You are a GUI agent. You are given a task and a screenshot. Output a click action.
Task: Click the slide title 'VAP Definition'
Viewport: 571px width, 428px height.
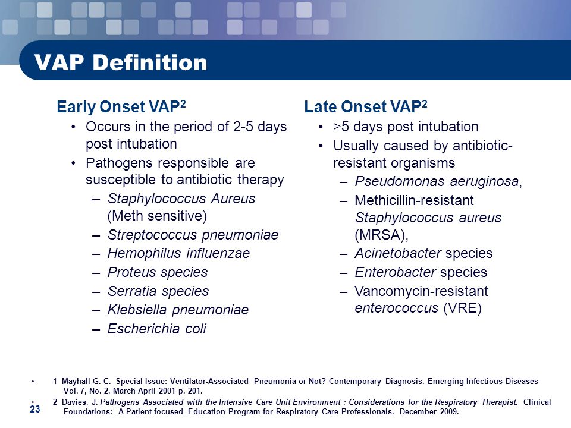coord(121,62)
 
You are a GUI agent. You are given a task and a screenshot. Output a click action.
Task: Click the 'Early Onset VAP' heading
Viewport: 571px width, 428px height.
coord(121,106)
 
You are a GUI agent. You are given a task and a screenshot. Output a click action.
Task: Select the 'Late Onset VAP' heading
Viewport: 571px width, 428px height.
coord(366,106)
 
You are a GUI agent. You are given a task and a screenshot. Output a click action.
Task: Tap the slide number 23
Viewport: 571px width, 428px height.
coord(35,410)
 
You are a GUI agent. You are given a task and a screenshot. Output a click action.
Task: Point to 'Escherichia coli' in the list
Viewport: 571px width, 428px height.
coord(156,329)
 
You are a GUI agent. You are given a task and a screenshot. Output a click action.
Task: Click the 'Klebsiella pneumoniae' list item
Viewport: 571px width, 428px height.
coord(178,310)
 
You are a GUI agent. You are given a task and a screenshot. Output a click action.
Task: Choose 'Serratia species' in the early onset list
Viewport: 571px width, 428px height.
coord(158,291)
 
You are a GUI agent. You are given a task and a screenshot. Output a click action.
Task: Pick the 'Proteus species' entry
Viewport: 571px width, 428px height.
coord(157,272)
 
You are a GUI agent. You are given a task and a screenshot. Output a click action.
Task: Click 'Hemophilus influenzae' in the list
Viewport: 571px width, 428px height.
coord(178,253)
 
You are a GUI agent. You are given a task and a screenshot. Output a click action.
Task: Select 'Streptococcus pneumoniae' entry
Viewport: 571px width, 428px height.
coord(193,235)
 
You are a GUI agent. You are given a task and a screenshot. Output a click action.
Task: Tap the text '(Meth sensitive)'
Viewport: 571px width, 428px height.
coord(157,216)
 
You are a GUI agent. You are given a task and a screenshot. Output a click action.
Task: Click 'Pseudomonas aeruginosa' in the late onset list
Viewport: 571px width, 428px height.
coord(437,181)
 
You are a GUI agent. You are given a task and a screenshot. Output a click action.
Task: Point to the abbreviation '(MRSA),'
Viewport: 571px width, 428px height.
coord(382,235)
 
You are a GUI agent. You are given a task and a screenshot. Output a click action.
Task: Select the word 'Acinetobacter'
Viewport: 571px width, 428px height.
coord(398,253)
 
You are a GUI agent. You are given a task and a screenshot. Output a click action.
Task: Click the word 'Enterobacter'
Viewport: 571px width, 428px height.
coord(395,272)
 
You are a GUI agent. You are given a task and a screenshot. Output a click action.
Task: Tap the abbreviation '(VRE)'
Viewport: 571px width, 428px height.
coord(463,309)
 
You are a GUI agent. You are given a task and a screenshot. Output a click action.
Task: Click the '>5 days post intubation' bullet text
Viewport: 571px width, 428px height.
coord(406,127)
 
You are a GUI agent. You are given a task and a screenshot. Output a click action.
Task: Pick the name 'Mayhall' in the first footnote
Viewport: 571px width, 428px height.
coord(76,382)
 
